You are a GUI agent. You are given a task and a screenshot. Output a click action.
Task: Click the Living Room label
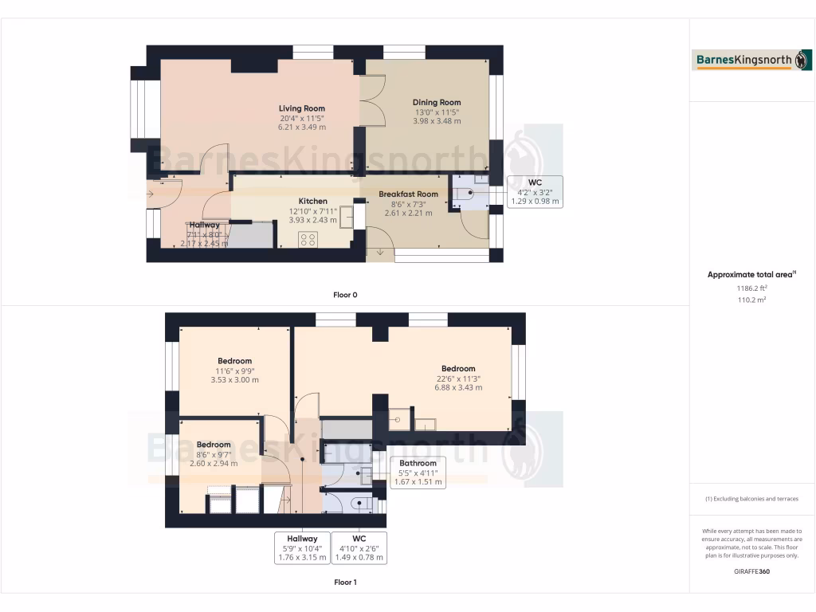point(301,108)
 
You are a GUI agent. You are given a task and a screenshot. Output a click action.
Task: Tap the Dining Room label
point(437,102)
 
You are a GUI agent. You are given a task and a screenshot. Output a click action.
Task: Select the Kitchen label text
point(312,201)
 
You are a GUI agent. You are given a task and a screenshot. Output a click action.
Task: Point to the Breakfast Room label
point(408,194)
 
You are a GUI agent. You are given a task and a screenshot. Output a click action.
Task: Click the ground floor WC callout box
point(535,192)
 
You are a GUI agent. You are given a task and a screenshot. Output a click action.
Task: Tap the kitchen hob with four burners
point(308,238)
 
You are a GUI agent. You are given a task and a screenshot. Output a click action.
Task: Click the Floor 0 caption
point(345,295)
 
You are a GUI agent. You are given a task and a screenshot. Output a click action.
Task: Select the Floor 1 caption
point(345,583)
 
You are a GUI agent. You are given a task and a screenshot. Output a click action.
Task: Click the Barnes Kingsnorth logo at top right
point(752,60)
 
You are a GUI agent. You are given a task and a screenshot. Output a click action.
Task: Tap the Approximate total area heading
point(751,275)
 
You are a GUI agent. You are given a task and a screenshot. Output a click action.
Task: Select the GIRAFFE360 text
point(751,571)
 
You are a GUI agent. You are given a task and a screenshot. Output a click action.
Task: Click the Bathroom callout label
point(418,463)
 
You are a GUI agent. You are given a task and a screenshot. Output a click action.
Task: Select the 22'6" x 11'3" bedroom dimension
point(458,379)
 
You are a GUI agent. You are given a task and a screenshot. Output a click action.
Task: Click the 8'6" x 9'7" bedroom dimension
point(214,454)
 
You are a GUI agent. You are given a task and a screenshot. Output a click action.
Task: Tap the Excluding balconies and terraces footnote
point(751,499)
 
